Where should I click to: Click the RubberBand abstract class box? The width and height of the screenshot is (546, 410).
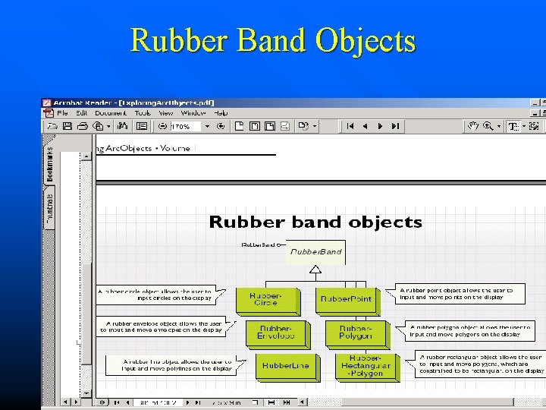pyautogui.click(x=315, y=252)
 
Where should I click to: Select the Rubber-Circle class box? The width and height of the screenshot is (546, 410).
pyautogui.click(x=265, y=298)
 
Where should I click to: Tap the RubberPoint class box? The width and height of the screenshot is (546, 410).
pyautogui.click(x=346, y=299)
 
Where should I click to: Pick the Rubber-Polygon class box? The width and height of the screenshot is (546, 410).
pyautogui.click(x=355, y=332)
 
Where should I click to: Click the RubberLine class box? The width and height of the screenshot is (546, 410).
pyautogui.click(x=285, y=365)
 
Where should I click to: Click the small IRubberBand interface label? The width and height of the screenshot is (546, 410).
pyautogui.click(x=258, y=245)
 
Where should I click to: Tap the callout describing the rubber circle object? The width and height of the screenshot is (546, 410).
pyautogui.click(x=155, y=294)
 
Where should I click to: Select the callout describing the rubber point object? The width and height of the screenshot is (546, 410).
pyautogui.click(x=461, y=294)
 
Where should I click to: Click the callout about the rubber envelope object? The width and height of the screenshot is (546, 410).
pyautogui.click(x=161, y=327)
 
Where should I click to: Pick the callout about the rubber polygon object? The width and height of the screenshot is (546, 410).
pyautogui.click(x=470, y=330)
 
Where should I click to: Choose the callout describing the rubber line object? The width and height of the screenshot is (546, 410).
pyautogui.click(x=170, y=365)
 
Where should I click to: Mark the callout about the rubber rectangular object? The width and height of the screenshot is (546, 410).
pyautogui.click(x=481, y=364)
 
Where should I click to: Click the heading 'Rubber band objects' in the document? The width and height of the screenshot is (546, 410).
pyautogui.click(x=315, y=222)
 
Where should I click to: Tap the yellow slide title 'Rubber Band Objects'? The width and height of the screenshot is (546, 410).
pyautogui.click(x=273, y=39)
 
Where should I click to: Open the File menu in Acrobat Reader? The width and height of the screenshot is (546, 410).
pyautogui.click(x=63, y=113)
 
